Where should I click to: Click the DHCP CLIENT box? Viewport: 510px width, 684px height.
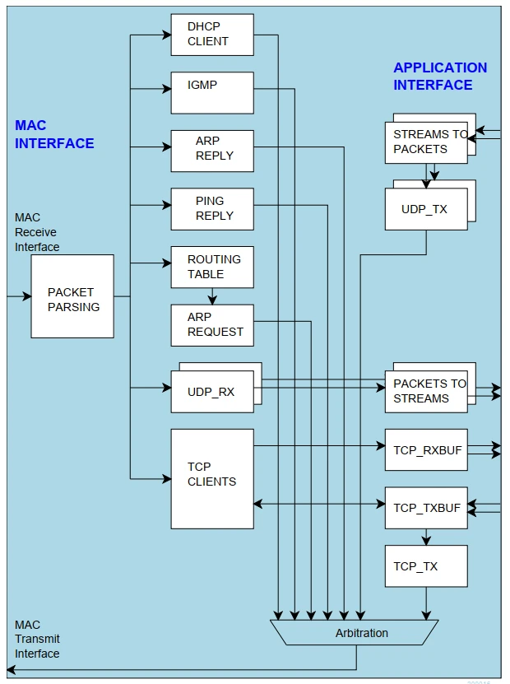click(212, 35)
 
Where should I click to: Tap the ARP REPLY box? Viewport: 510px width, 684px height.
click(212, 151)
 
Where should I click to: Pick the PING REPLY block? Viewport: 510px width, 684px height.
click(212, 209)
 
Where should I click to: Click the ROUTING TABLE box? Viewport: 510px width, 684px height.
click(212, 267)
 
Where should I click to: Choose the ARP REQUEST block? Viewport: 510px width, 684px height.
click(212, 325)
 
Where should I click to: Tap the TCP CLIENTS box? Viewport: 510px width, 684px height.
click(212, 478)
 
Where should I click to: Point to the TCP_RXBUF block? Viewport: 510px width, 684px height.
click(426, 449)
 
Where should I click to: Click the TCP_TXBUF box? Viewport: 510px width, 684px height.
click(426, 508)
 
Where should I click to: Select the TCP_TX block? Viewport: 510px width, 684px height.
click(426, 566)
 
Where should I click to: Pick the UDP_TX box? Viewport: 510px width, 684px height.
click(426, 209)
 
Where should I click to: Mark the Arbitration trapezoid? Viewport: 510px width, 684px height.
click(355, 633)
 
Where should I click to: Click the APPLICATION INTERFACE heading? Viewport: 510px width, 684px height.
click(440, 77)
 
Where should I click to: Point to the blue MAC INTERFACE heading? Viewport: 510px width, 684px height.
click(54, 134)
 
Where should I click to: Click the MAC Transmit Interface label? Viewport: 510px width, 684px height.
click(37, 640)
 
